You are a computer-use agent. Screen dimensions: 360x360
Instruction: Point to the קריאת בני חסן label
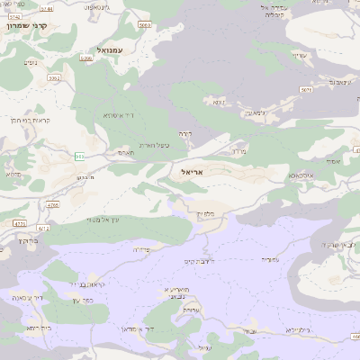tap(27, 120)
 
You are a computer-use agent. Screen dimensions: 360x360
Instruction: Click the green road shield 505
tap(80, 157)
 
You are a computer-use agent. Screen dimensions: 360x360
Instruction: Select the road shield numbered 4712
tap(43, 229)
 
